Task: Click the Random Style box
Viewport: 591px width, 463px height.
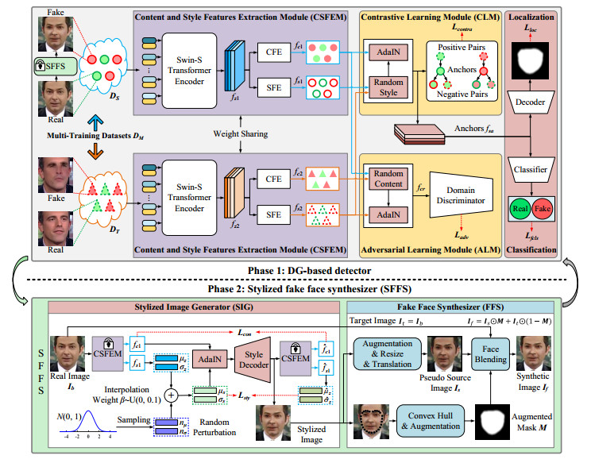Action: coord(387,91)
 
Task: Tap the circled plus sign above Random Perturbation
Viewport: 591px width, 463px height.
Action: coord(168,393)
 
